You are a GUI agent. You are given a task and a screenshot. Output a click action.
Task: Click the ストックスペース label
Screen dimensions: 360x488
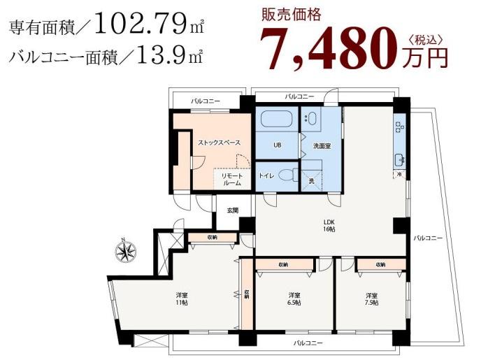219,143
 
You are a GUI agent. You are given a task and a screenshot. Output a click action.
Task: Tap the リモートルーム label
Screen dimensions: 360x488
231,179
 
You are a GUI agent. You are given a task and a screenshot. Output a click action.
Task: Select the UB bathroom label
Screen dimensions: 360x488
277,147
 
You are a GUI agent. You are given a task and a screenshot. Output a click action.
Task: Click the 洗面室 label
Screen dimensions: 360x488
322,147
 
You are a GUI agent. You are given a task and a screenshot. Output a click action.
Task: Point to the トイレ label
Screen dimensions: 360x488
266,175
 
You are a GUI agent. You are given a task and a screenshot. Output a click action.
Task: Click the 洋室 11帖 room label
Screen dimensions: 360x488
181,299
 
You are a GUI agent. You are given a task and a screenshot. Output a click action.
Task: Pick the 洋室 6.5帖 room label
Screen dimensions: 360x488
294,298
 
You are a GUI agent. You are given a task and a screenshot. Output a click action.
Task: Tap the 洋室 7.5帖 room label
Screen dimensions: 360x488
371,298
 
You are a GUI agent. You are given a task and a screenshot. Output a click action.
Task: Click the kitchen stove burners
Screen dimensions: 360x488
399,127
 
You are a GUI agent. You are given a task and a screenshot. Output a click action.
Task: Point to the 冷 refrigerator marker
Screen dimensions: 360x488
399,174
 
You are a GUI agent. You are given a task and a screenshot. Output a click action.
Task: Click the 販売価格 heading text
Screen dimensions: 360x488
291,13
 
